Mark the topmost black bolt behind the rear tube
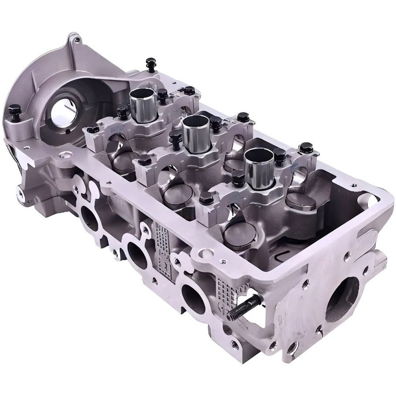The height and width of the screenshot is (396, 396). coord(148,63)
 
